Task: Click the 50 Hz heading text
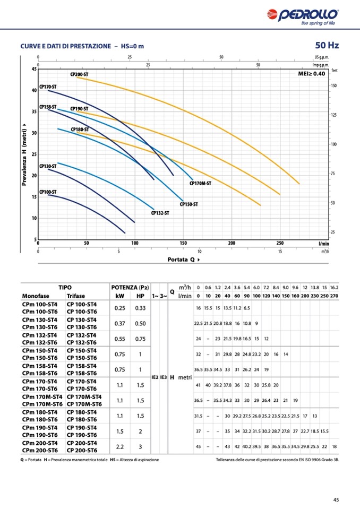[327, 45]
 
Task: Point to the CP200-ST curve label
[79, 75]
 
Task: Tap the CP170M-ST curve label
[200, 183]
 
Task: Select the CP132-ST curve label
[160, 213]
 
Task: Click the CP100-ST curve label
[48, 192]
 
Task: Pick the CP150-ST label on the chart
[188, 204]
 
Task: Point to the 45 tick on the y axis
[34, 69]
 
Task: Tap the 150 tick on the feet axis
[334, 85]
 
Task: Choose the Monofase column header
[36, 296]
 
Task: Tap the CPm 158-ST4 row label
[40, 366]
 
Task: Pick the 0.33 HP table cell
[141, 308]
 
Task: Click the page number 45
[336, 499]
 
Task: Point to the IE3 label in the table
[164, 377]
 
